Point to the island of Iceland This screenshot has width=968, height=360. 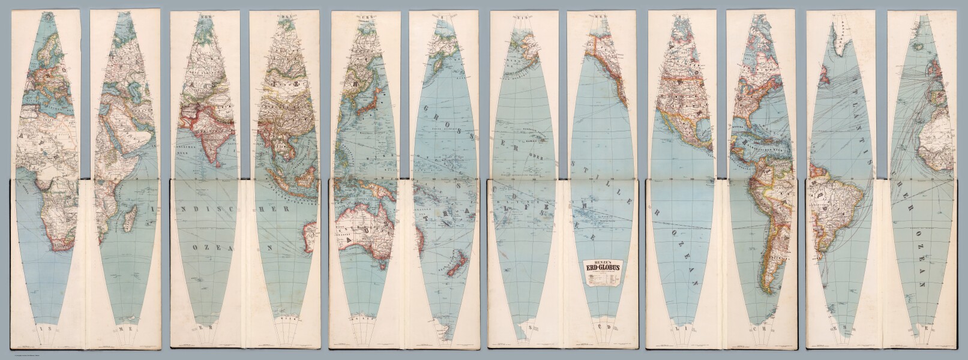tap(919, 46)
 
